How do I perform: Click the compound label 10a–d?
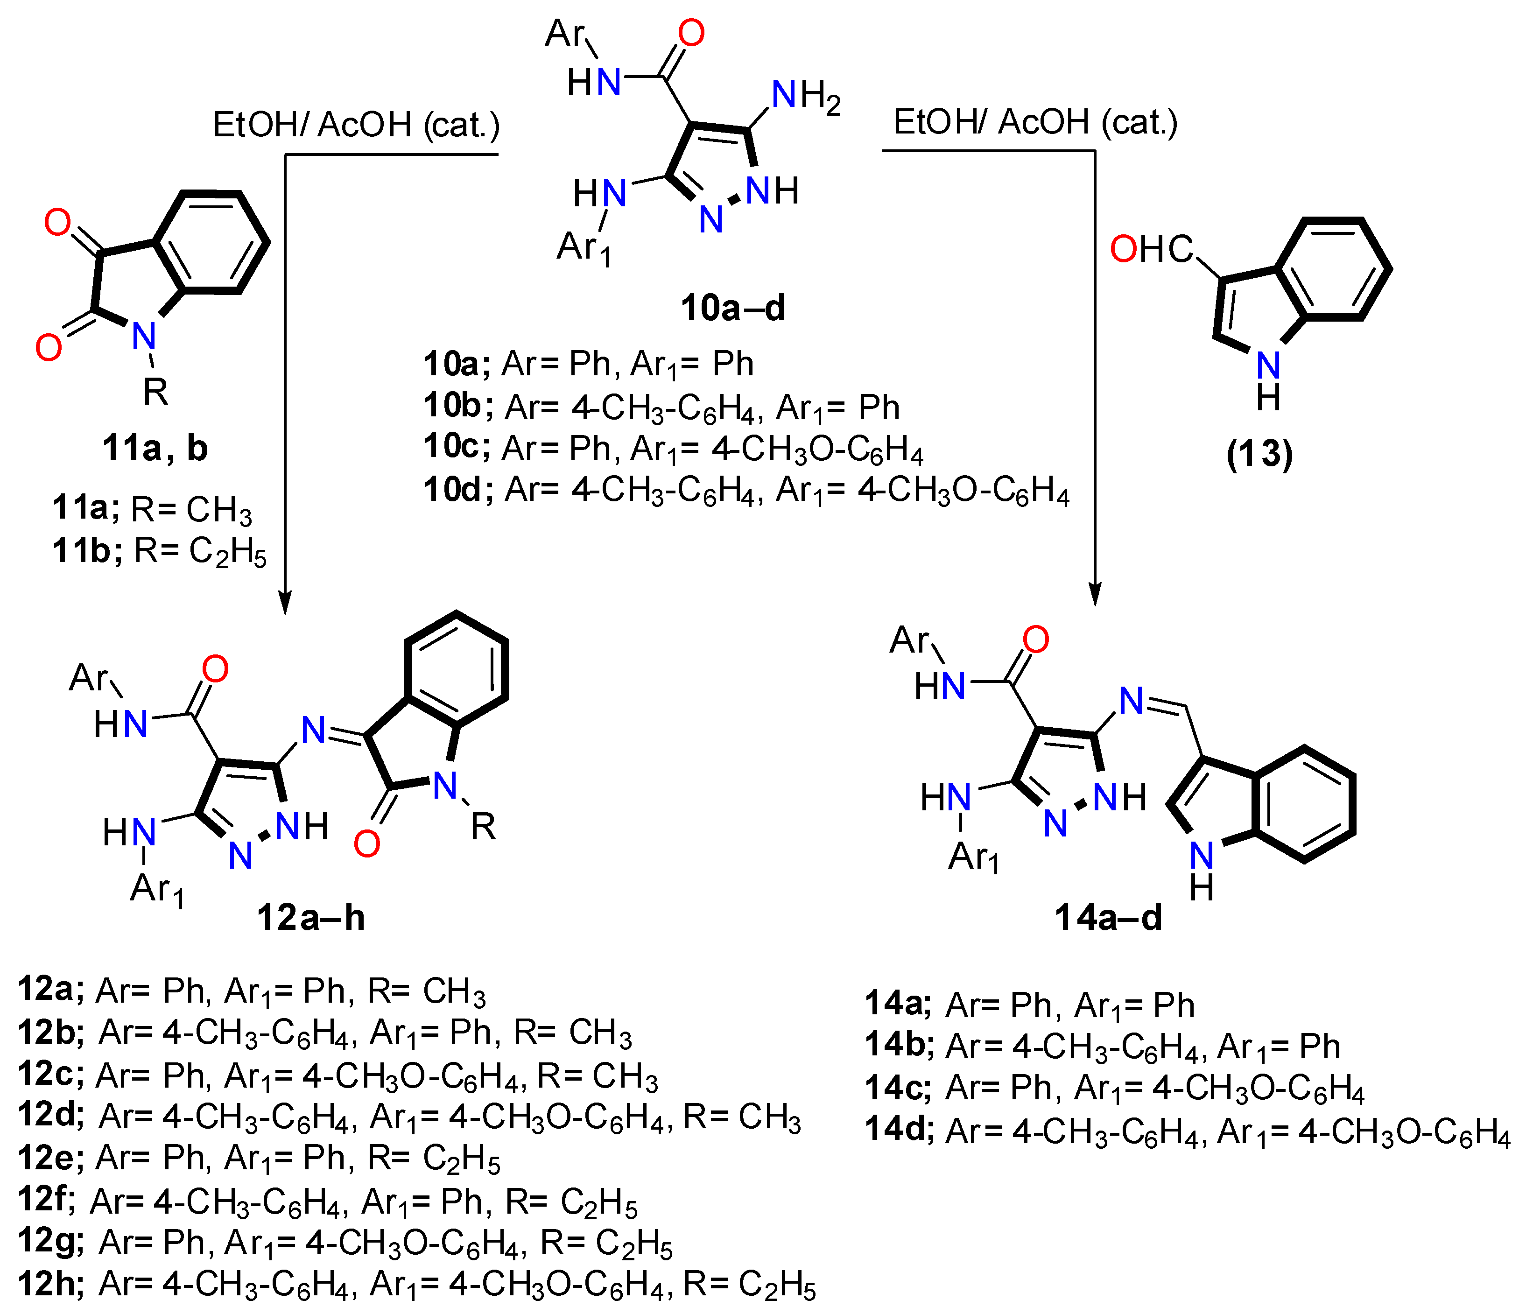coord(733,308)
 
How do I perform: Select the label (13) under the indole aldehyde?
coord(1259,454)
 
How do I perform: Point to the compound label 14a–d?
coord(1108,918)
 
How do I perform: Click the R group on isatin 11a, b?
coord(155,392)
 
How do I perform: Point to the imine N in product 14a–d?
coord(1131,701)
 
